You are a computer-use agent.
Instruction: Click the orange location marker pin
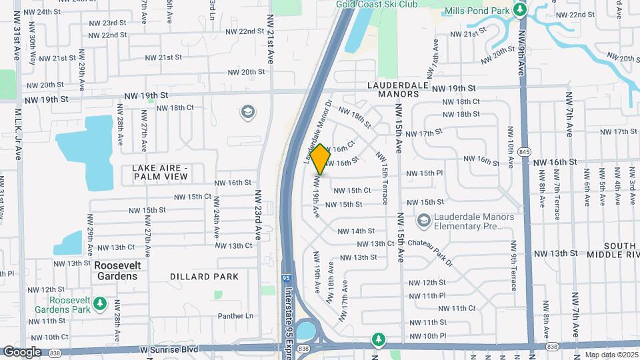321,159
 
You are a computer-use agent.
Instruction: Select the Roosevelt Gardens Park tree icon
100,304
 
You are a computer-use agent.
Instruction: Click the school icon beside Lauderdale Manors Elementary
423,220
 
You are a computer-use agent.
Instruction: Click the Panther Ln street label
237,316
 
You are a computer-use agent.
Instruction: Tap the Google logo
22,352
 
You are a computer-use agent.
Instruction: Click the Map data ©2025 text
612,355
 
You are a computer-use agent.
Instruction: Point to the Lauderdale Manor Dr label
318,131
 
